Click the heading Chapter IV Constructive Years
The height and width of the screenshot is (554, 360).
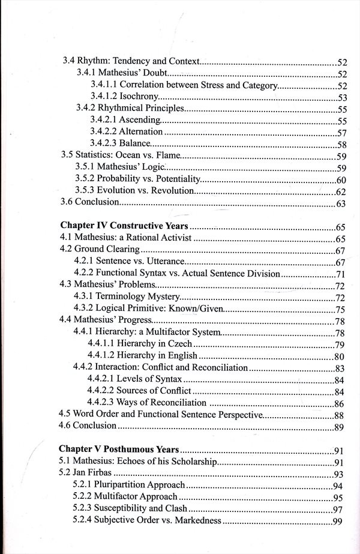[125, 226]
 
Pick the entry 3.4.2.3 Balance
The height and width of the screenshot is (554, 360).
[119, 143]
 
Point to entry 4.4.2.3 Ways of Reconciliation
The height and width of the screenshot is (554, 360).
[147, 403]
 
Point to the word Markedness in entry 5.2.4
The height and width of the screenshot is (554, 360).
[199, 520]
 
